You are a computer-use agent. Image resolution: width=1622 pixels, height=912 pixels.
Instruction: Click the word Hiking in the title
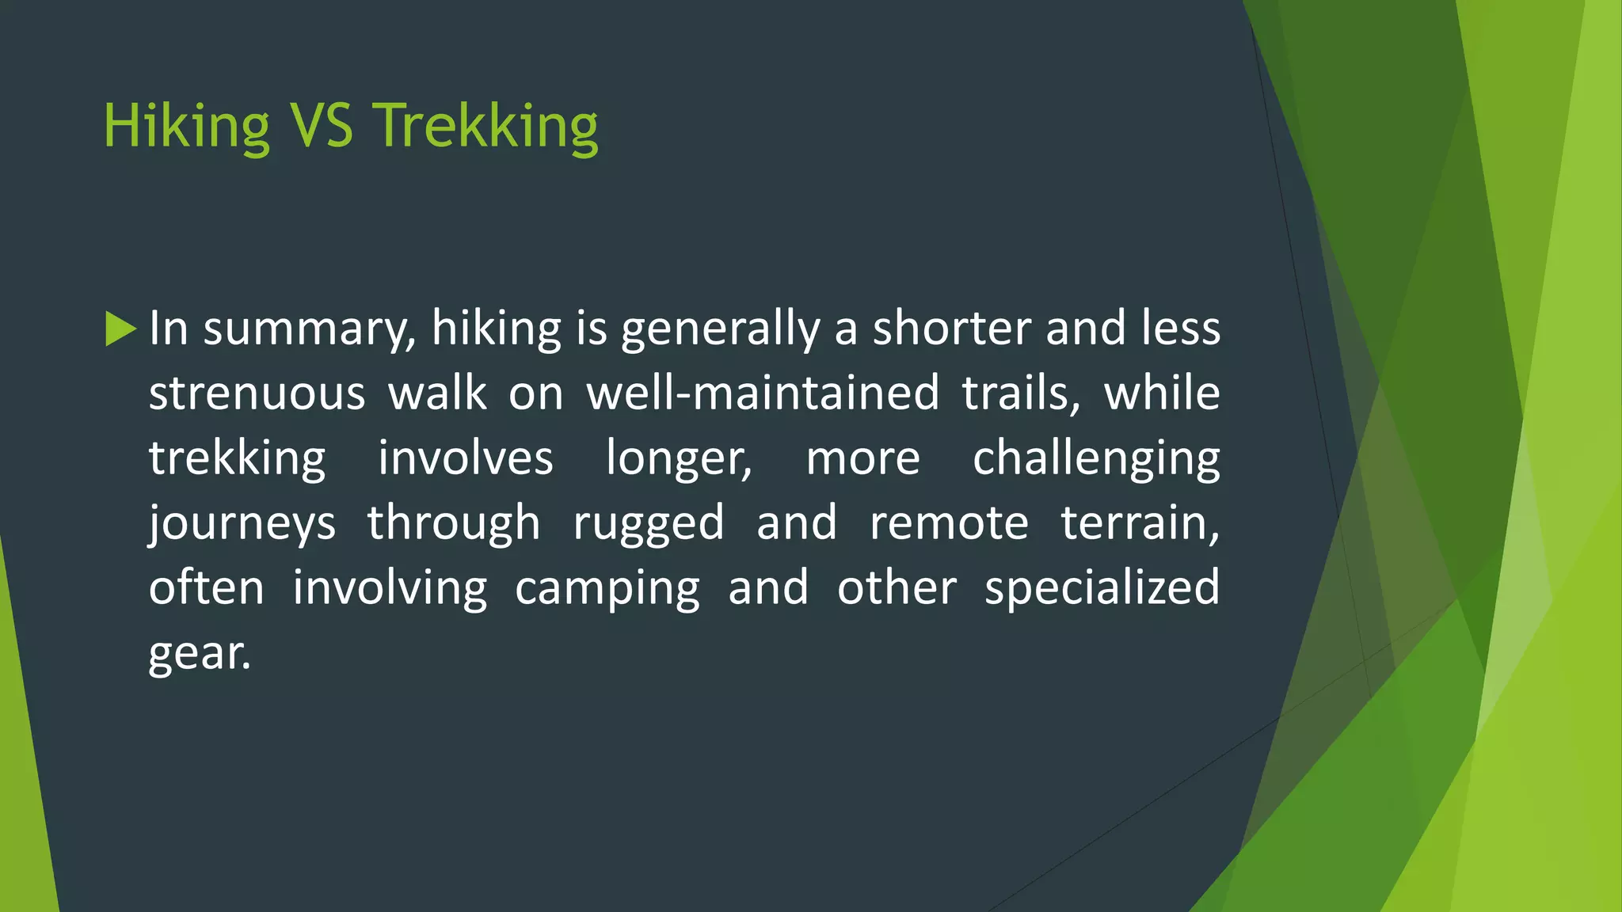187,127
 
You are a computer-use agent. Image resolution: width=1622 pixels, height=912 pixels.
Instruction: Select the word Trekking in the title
485,127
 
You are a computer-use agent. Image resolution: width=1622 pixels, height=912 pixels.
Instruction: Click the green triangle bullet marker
120,329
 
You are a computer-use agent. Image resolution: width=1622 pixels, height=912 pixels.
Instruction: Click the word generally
720,329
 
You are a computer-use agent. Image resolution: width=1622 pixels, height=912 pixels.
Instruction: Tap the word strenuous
257,393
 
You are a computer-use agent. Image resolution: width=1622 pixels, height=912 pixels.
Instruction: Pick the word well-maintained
762,393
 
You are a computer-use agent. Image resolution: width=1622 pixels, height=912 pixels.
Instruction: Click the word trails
1020,393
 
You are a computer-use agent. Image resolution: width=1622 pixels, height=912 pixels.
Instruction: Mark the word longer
679,459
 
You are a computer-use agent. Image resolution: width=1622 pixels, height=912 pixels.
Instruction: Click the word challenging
1096,459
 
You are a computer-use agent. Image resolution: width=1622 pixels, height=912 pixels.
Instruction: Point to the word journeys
242,524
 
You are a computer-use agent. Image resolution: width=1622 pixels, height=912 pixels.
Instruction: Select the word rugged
649,524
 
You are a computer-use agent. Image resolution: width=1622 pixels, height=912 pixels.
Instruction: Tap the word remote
949,523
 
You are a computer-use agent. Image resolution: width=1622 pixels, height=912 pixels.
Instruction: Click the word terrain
1140,523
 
